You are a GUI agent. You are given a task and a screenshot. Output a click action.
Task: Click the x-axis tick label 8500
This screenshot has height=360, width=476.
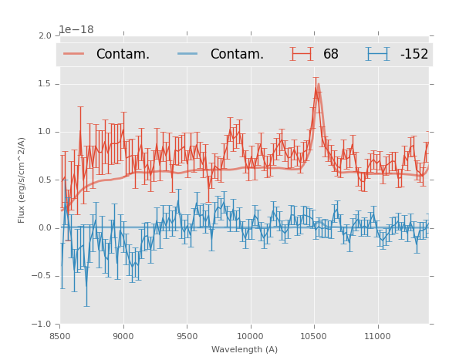(60, 336)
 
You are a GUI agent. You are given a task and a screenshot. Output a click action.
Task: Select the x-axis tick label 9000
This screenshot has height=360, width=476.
(123, 336)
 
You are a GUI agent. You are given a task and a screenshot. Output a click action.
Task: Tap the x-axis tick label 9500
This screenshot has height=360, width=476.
(187, 336)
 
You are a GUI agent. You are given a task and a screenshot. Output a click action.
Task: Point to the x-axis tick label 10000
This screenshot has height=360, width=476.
(251, 336)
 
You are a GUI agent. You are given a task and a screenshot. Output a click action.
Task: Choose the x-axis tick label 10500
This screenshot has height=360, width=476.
(314, 336)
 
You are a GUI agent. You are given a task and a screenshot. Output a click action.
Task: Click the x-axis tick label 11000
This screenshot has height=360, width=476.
(377, 336)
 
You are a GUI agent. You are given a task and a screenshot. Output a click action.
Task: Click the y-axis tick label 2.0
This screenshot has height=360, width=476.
(45, 36)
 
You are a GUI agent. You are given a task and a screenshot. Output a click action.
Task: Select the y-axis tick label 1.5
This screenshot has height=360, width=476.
(45, 84)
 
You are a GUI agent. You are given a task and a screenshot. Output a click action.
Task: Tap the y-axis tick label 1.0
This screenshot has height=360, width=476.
(45, 132)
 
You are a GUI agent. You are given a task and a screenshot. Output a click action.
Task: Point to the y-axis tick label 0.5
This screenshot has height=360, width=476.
(45, 180)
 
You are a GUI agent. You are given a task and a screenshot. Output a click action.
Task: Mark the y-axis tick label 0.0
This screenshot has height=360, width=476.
(45, 228)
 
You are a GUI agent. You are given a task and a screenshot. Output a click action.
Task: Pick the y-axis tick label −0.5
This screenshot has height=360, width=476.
(42, 276)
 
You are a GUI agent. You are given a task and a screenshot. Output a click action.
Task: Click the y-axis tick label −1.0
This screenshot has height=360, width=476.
(42, 324)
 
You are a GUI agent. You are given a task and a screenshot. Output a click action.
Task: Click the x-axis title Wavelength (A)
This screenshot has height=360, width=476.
(245, 349)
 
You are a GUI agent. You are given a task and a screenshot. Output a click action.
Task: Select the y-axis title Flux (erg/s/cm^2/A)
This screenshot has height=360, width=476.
(22, 180)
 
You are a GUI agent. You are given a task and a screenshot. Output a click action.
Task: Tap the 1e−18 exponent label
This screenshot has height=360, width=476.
(76, 29)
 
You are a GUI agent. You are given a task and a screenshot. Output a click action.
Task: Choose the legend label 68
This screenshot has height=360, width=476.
(331, 54)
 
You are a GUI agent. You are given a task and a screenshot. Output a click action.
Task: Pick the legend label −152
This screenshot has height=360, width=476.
(414, 54)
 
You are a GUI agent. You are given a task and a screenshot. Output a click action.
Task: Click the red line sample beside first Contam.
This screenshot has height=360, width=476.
(74, 54)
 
